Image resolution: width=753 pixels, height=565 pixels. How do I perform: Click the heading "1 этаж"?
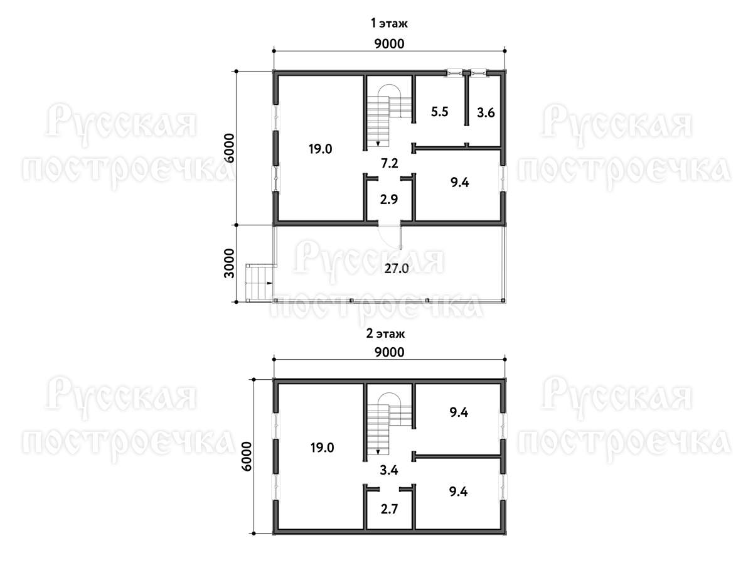389,23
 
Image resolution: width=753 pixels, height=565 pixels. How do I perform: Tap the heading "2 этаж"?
385,333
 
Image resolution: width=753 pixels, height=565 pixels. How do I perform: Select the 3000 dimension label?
229,264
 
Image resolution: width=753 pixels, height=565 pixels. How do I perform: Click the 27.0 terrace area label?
396,269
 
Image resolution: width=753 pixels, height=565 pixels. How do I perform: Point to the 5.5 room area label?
439,112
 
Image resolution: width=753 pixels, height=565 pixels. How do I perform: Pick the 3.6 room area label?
486,112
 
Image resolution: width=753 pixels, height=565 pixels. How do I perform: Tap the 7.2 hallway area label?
390,163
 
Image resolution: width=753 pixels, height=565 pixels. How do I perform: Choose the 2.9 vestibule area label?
389,199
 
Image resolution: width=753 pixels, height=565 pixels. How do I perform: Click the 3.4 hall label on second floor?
389,470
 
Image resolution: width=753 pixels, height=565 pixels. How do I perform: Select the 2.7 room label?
390,509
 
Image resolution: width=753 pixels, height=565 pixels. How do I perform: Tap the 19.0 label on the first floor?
320,149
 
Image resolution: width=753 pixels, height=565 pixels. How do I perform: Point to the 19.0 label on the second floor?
322,448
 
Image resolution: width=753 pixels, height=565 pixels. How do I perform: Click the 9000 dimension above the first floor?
390,44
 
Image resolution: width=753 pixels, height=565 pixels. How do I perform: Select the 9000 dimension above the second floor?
390,352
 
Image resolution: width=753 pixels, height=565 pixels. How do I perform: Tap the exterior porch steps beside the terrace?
259,283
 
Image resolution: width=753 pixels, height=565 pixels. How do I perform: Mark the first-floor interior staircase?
390,115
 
